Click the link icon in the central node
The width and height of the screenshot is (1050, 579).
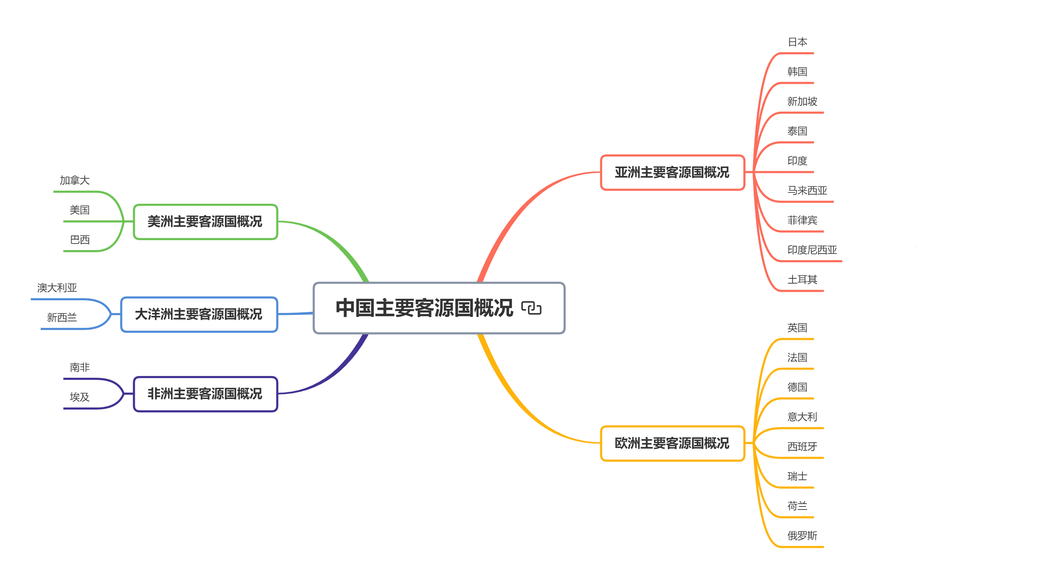[531, 308]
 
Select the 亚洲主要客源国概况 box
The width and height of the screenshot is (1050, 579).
[672, 172]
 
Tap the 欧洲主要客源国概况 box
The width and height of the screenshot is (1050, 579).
[672, 443]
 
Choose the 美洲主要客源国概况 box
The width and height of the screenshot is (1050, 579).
[205, 222]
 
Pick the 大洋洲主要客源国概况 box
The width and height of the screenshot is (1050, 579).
[199, 314]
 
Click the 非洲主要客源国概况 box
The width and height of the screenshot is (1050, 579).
[205, 394]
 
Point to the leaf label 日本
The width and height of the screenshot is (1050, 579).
[797, 42]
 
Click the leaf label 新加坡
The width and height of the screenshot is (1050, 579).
[802, 102]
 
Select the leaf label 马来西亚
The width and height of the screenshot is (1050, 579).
[807, 190]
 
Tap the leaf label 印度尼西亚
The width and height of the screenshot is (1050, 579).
[812, 250]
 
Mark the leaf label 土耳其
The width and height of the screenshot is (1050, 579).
[802, 279]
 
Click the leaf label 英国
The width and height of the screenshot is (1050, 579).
[797, 328]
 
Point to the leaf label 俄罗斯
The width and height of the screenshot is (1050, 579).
[802, 535]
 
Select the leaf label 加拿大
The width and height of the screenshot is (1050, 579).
[75, 180]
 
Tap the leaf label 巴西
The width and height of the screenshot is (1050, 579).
[80, 239]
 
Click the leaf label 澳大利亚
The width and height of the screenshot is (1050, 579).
[57, 288]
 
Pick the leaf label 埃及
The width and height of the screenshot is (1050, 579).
[80, 397]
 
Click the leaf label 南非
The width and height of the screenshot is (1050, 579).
[80, 367]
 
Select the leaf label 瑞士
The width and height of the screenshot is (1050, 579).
[797, 476]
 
